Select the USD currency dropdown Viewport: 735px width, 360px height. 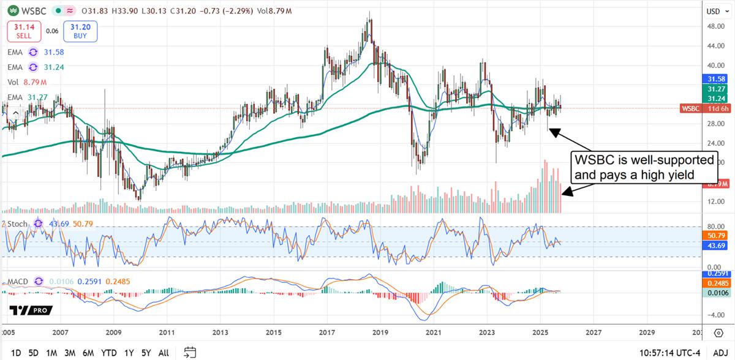[x=713, y=11]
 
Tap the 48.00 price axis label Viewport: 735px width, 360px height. [x=712, y=26]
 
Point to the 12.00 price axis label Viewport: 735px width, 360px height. [x=712, y=201]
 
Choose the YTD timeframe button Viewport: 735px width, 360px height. [x=109, y=353]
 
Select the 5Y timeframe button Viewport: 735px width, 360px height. [x=145, y=353]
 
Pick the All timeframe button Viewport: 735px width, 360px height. [x=164, y=353]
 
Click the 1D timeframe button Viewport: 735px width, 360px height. [x=17, y=353]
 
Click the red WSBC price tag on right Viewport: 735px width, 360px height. [x=690, y=108]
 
